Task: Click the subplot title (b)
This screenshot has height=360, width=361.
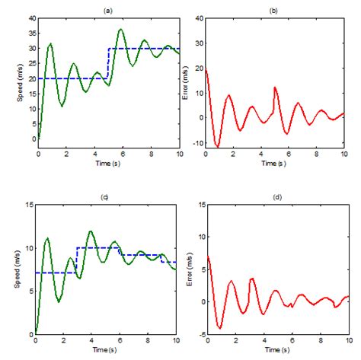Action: pos(273,8)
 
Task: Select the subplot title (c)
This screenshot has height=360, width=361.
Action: pos(107,197)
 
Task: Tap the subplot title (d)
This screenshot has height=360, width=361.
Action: pos(273,197)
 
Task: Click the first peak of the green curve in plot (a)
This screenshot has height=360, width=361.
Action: pos(51,43)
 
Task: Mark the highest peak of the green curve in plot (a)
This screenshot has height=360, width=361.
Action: pos(121,29)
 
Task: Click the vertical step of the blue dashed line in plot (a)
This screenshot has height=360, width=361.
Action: pos(107,63)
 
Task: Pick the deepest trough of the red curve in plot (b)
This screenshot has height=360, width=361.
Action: pos(218,147)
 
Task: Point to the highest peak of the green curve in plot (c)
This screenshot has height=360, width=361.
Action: pos(91,231)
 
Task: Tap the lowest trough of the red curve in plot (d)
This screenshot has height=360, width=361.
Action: pos(219,328)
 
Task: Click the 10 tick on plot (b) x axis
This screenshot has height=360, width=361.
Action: pos(343,153)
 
